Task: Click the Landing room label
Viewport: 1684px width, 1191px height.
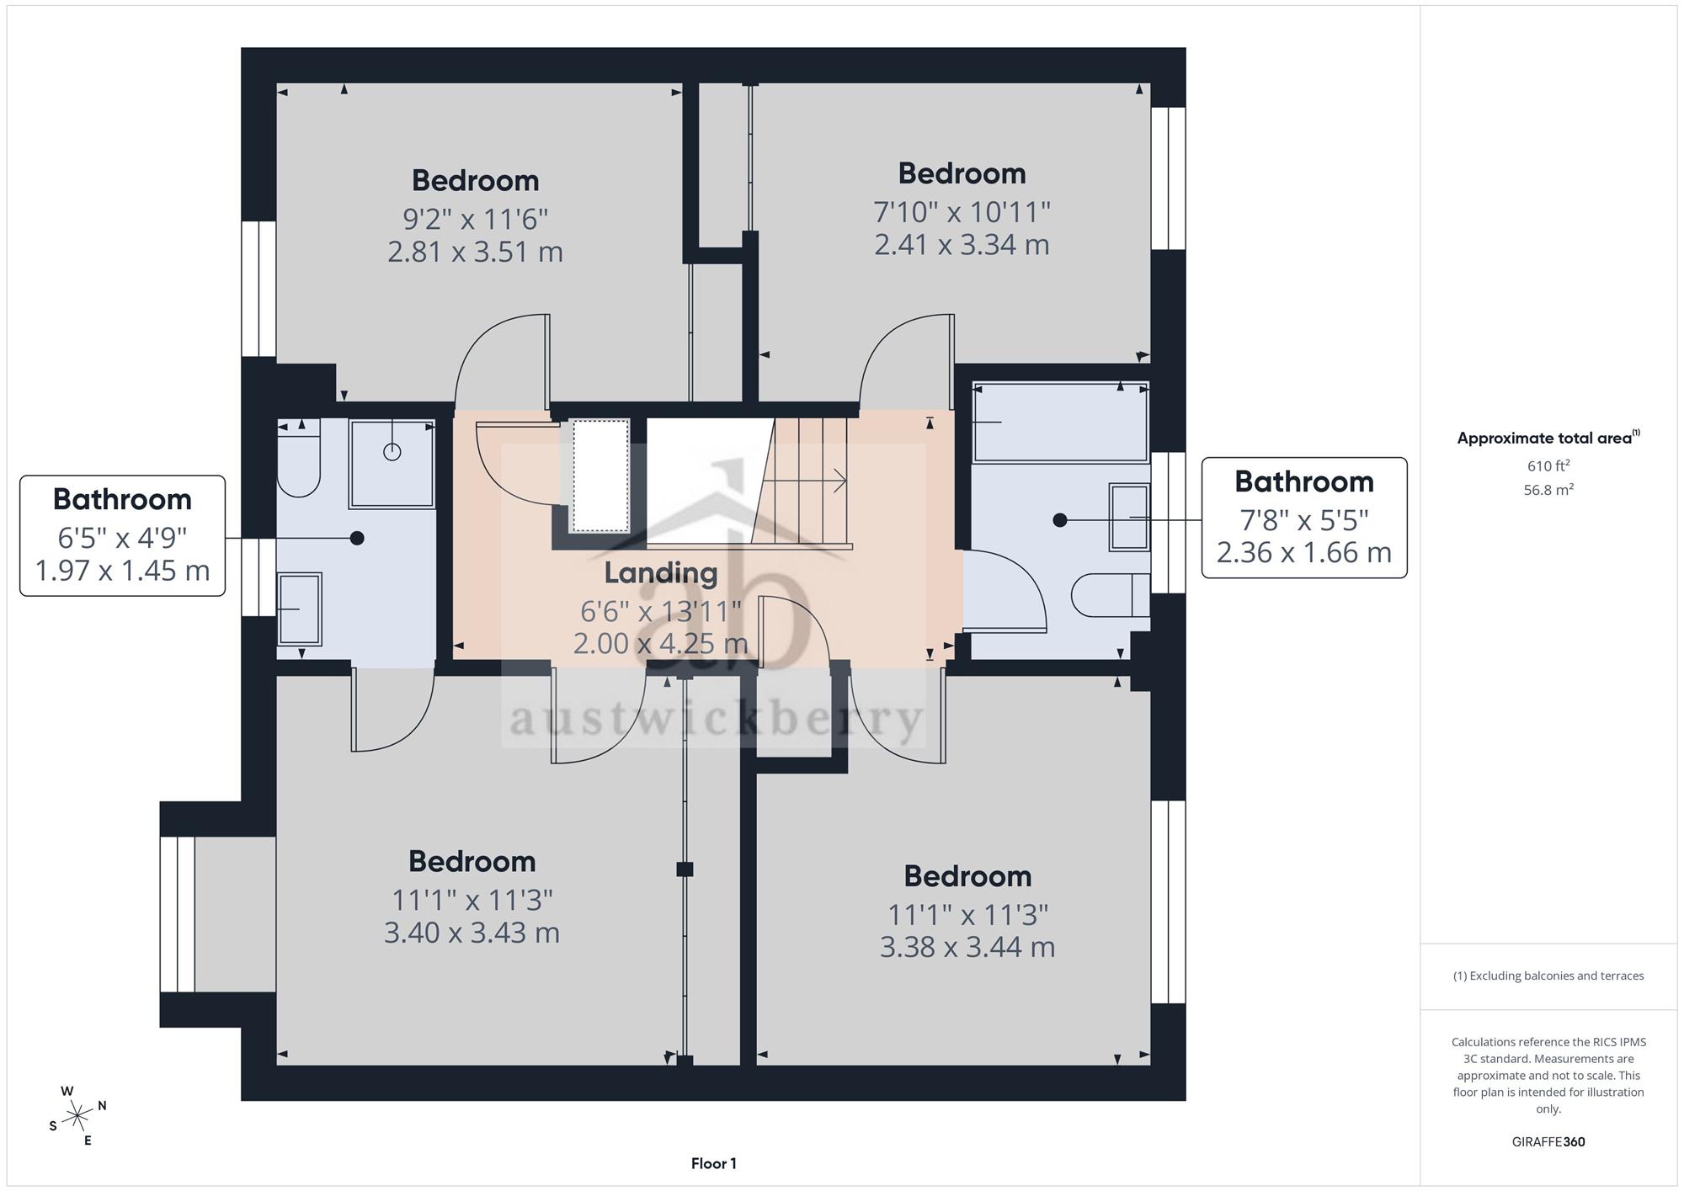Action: (x=661, y=572)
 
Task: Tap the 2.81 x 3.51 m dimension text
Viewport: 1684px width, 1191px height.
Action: (x=475, y=252)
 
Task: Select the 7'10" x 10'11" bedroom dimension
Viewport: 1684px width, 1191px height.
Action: (x=962, y=211)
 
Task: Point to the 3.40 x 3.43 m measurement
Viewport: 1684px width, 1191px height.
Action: (x=472, y=933)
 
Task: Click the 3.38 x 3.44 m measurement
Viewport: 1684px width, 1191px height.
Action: (x=967, y=947)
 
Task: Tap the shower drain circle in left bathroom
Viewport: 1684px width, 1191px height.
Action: (x=392, y=452)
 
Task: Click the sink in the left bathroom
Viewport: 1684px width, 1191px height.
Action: (x=299, y=609)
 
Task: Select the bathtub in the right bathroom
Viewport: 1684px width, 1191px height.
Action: (x=1060, y=422)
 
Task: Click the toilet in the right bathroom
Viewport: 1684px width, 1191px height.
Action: (x=1111, y=595)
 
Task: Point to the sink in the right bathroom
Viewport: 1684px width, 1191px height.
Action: (x=1128, y=517)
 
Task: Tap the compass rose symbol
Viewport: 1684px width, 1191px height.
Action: (x=77, y=1116)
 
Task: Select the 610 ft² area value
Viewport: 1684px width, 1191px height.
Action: (x=1548, y=466)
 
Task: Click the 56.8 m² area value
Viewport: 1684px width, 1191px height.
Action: (x=1548, y=490)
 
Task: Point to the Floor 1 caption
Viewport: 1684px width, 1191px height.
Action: (x=713, y=1163)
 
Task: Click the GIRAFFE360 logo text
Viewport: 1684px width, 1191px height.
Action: (x=1548, y=1141)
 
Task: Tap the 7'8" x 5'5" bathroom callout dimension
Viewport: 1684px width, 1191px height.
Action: (x=1303, y=520)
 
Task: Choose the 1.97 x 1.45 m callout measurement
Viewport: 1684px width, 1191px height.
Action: (x=122, y=571)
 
